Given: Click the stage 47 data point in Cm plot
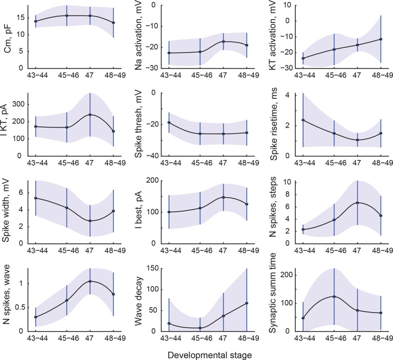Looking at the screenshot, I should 90,16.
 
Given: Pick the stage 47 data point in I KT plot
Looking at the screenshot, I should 90,114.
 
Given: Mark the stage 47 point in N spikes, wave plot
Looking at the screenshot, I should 90,281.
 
